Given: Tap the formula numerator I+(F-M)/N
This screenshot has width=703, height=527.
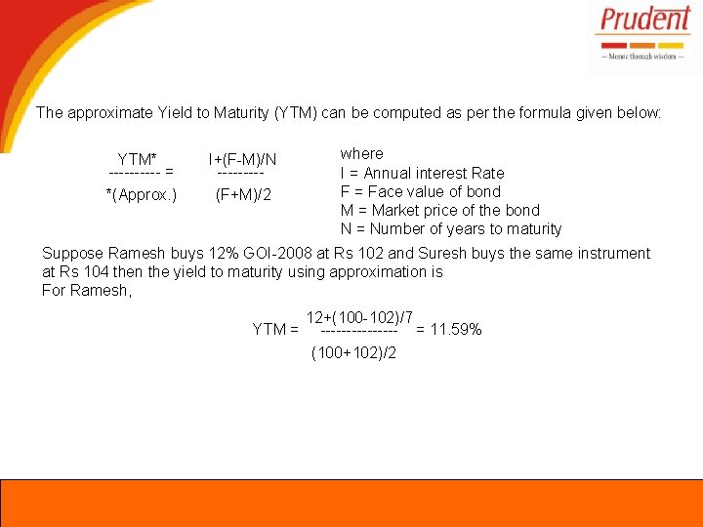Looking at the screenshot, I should click(x=242, y=159).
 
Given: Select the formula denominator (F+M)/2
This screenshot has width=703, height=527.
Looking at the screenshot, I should click(x=243, y=194).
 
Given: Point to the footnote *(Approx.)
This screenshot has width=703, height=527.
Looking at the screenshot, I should click(x=142, y=194).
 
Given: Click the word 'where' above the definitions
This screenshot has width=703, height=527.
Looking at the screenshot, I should click(x=361, y=153).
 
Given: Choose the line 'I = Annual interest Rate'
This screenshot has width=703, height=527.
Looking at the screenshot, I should click(x=422, y=173).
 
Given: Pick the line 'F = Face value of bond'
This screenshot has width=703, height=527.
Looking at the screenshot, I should click(x=420, y=191).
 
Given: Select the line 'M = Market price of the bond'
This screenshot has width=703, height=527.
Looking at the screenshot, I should click(x=439, y=210).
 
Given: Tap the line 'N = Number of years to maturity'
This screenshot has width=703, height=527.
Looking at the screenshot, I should click(x=451, y=229).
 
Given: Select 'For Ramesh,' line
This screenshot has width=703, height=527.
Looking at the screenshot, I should click(x=86, y=290).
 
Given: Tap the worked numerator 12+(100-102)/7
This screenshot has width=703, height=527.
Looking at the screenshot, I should click(x=359, y=317).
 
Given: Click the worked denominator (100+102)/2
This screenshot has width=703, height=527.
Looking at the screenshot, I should click(x=353, y=352).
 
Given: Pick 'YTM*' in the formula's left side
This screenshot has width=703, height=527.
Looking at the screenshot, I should click(x=138, y=159).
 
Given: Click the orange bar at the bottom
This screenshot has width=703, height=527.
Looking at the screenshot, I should click(x=351, y=503).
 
